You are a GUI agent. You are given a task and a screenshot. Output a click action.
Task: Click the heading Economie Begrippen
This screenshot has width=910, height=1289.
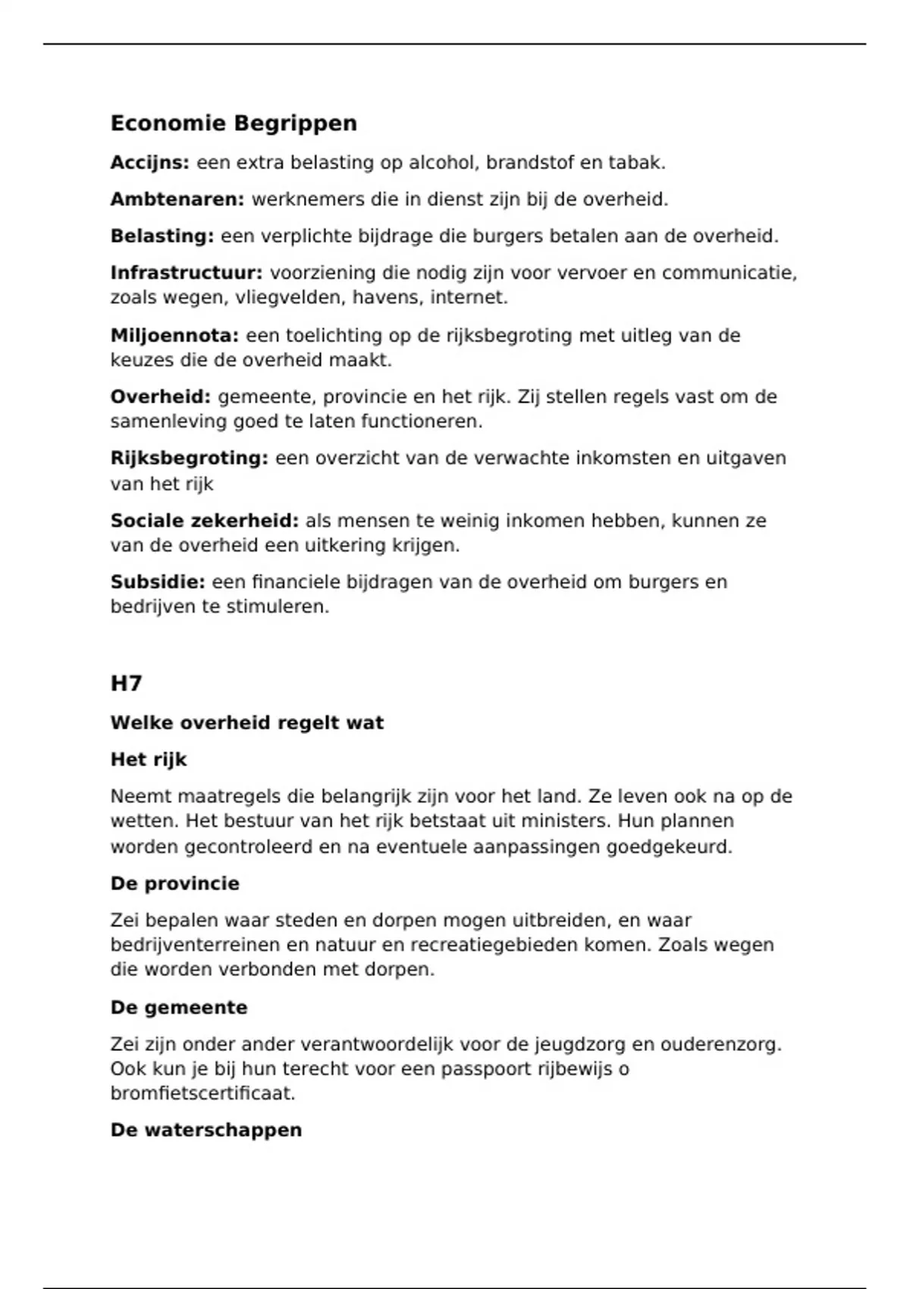tap(234, 124)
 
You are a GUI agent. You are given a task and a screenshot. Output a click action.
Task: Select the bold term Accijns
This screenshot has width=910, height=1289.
tap(149, 163)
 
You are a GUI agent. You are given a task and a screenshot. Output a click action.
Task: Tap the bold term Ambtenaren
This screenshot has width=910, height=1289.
tap(177, 200)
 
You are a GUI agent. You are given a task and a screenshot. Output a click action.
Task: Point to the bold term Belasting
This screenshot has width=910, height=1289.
tap(162, 237)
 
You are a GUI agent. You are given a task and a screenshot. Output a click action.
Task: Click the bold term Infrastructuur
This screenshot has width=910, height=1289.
tap(187, 273)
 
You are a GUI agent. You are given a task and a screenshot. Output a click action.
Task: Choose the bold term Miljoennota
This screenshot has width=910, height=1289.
tap(174, 336)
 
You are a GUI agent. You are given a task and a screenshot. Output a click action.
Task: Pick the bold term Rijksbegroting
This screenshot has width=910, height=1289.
tap(189, 459)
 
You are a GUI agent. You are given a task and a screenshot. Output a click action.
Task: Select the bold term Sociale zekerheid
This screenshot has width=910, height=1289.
tap(205, 521)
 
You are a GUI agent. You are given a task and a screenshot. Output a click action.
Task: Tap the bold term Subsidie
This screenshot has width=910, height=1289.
tap(158, 582)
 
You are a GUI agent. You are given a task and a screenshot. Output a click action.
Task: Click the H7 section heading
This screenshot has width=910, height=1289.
tap(126, 684)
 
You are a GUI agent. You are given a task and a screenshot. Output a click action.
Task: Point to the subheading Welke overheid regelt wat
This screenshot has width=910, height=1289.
tap(247, 723)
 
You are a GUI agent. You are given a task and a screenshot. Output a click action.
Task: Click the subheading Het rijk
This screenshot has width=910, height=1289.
tap(149, 760)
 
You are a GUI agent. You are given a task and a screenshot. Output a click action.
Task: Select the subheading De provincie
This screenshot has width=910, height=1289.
tap(175, 884)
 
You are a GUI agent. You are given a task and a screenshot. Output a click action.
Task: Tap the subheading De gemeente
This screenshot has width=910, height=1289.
tap(179, 1008)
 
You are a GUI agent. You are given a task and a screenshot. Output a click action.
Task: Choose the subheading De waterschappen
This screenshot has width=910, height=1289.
tap(206, 1131)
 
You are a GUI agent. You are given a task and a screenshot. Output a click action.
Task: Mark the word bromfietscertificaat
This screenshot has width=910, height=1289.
tap(202, 1093)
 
